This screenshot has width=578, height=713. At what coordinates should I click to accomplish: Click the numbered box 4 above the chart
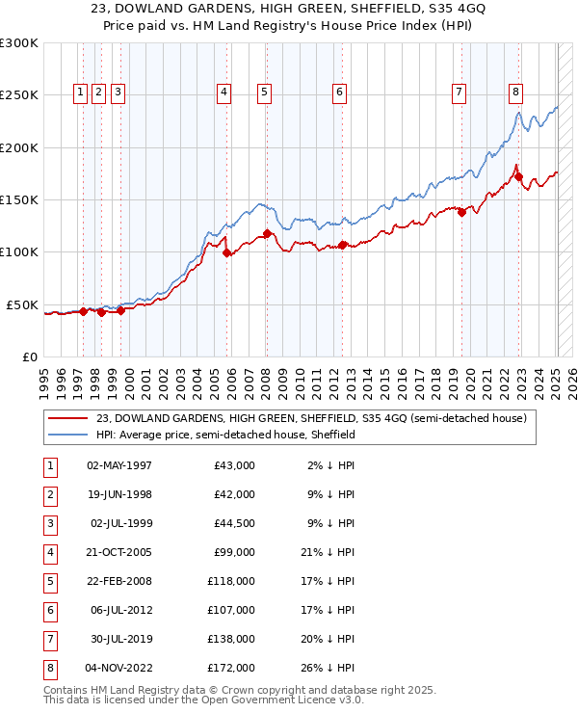pos(223,92)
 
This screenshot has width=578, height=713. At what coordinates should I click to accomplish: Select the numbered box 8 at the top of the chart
pos(516,92)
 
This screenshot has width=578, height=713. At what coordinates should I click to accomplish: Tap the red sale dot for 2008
pos(267,233)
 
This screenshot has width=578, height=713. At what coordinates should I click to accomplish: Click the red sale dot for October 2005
pos(227,253)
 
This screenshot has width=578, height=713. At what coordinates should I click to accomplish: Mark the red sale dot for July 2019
pos(462,212)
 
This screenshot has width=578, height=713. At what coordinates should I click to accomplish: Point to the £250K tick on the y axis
pos(19,95)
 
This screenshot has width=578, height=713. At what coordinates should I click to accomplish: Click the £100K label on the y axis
pos(19,251)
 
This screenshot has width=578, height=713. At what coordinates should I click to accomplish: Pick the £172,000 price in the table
pos(231,668)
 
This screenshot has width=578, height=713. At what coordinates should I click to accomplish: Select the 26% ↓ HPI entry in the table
pos(328,668)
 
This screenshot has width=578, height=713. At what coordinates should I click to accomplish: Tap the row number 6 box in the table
pos(50,610)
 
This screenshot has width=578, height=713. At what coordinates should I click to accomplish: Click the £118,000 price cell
pos(231,581)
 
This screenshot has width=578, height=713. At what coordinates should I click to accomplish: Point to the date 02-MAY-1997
pos(119,465)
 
